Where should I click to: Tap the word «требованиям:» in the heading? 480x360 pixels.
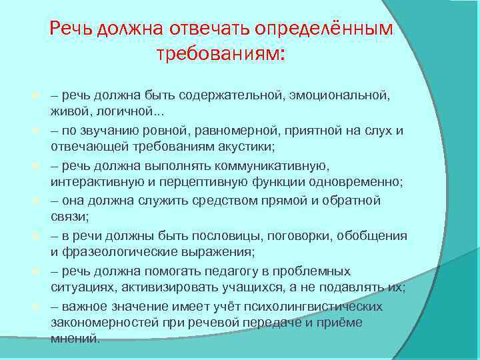click(x=220, y=53)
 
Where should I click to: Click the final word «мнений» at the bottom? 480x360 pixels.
click(x=74, y=338)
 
